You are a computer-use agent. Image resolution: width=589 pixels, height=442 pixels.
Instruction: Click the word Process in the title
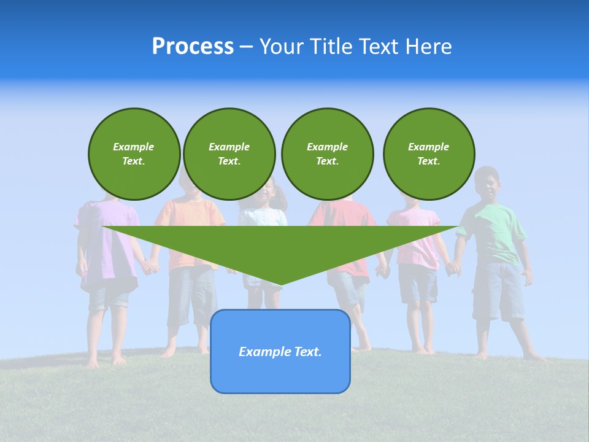point(193,47)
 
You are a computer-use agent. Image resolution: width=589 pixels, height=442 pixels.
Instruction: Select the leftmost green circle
point(134,154)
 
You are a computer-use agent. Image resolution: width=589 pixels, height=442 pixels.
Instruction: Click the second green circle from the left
point(229,154)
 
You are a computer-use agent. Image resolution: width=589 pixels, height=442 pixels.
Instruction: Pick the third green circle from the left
point(327,154)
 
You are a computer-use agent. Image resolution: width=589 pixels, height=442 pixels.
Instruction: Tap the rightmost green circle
point(428,154)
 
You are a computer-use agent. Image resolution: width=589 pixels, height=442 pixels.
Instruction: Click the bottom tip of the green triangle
point(280,284)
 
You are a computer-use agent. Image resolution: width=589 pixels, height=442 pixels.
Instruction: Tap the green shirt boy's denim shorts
point(498,289)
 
